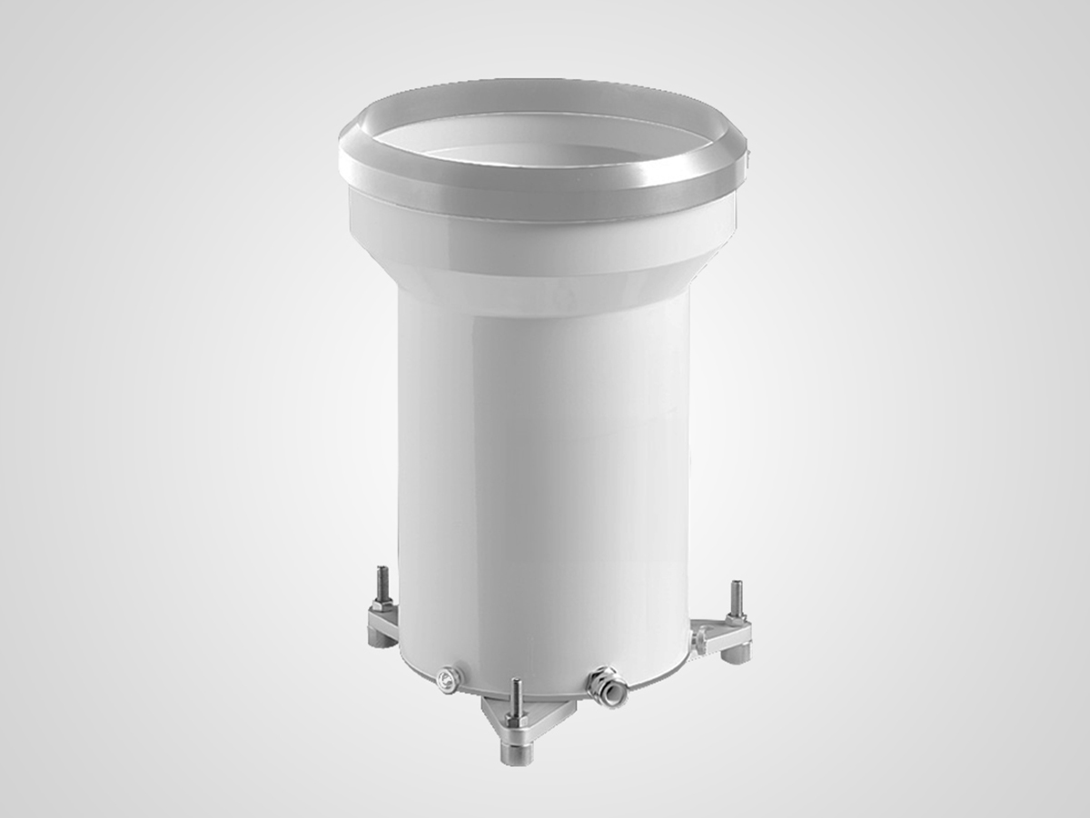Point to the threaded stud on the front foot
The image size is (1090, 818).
(x=516, y=696)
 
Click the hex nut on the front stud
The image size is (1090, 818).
(x=515, y=719)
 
